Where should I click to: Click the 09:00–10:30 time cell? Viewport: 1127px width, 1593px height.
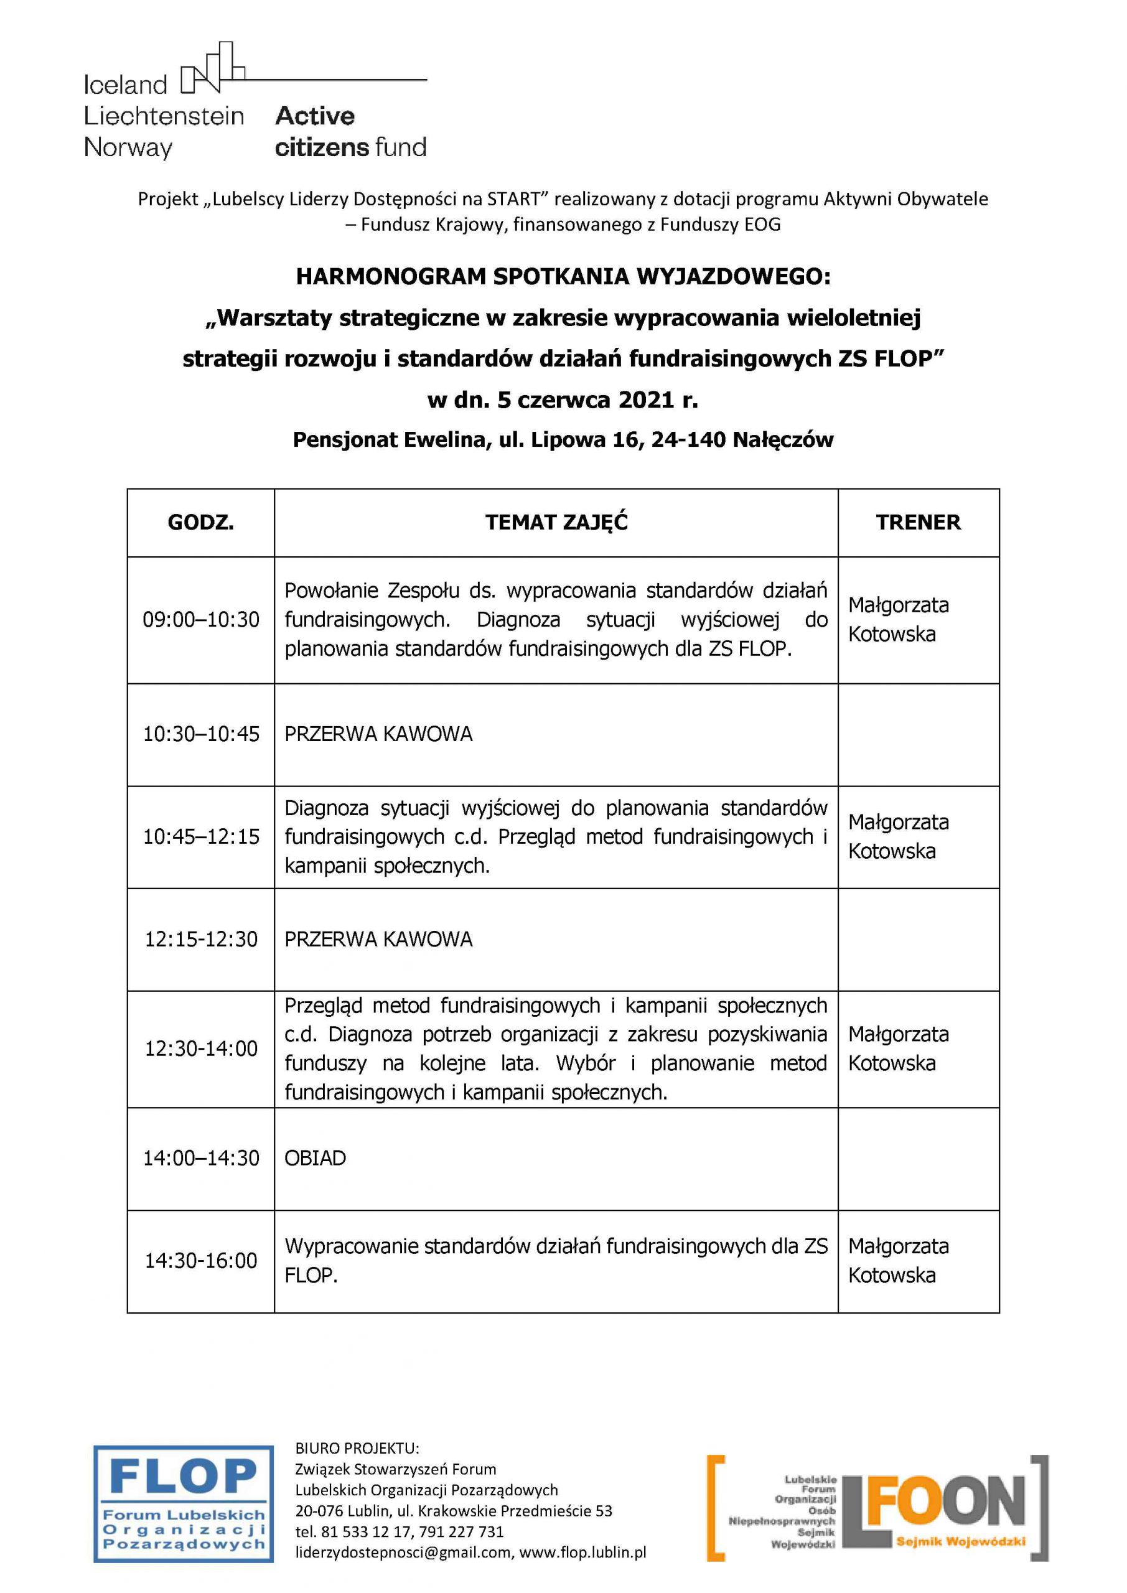(200, 619)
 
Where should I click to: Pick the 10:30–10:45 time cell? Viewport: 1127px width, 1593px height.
(200, 734)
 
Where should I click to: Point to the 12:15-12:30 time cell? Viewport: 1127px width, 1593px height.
(200, 939)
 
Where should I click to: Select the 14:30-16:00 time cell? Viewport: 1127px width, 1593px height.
(200, 1260)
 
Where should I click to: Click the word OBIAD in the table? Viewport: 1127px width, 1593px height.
(315, 1158)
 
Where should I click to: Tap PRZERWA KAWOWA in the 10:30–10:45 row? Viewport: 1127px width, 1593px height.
(378, 734)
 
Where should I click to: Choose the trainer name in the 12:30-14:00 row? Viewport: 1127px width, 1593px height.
(898, 1049)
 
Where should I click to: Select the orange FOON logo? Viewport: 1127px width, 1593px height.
(877, 1507)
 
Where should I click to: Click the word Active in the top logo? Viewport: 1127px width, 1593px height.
(314, 115)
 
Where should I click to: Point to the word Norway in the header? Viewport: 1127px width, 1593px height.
(128, 147)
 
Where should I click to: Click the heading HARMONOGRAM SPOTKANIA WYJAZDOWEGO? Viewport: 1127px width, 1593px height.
(562, 276)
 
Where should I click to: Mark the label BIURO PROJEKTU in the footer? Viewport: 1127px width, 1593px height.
(357, 1448)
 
